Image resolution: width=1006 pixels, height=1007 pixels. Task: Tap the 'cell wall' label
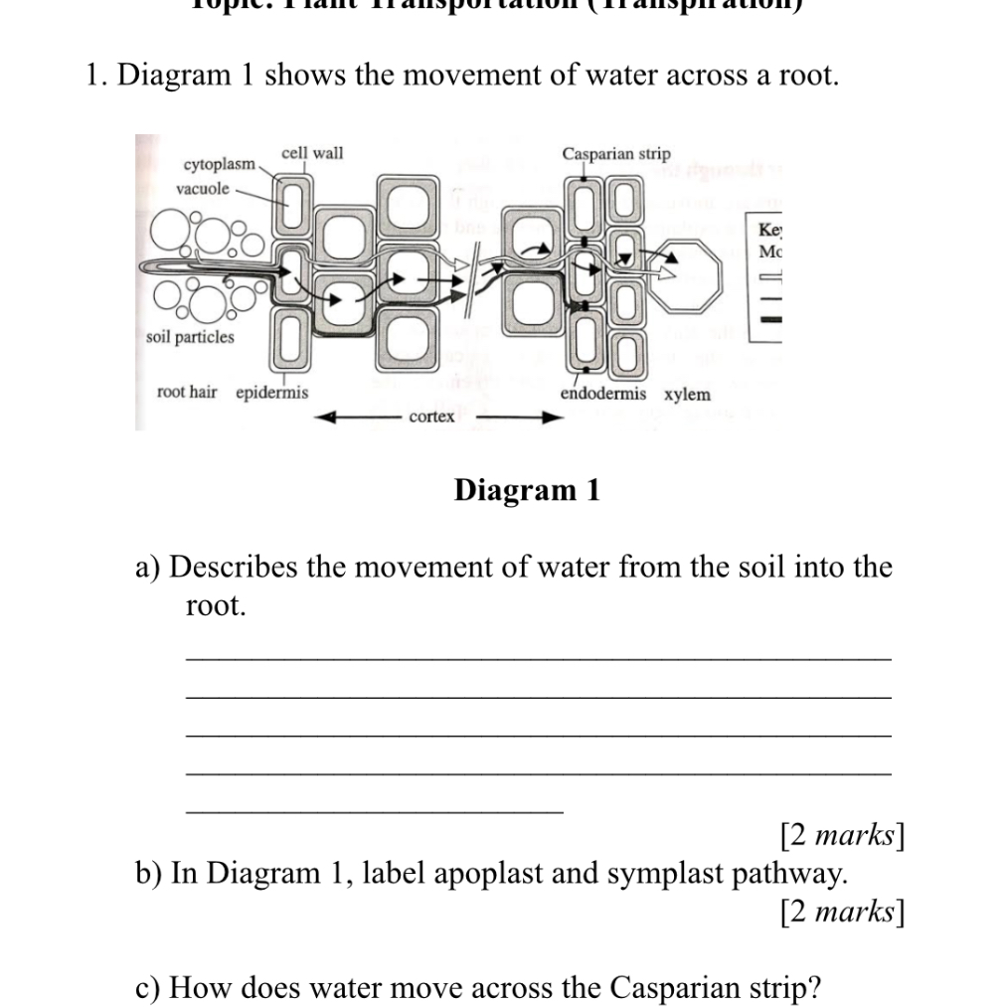pos(312,153)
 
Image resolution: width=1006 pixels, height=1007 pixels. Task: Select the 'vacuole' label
pos(203,189)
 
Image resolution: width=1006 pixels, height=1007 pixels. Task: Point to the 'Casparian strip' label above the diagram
pos(616,154)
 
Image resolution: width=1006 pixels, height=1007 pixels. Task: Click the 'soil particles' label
pos(190,337)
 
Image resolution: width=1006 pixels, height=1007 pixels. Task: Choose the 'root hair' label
pos(187,393)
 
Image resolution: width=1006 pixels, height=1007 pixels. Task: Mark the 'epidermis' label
pos(271,393)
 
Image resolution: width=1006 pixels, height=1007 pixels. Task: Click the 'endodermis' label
pos(602,394)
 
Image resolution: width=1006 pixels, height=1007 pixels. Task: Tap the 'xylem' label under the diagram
pos(688,395)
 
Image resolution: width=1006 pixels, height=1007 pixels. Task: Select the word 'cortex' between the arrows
pos(431,417)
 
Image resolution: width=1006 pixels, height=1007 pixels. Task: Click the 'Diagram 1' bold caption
pos(527,490)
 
